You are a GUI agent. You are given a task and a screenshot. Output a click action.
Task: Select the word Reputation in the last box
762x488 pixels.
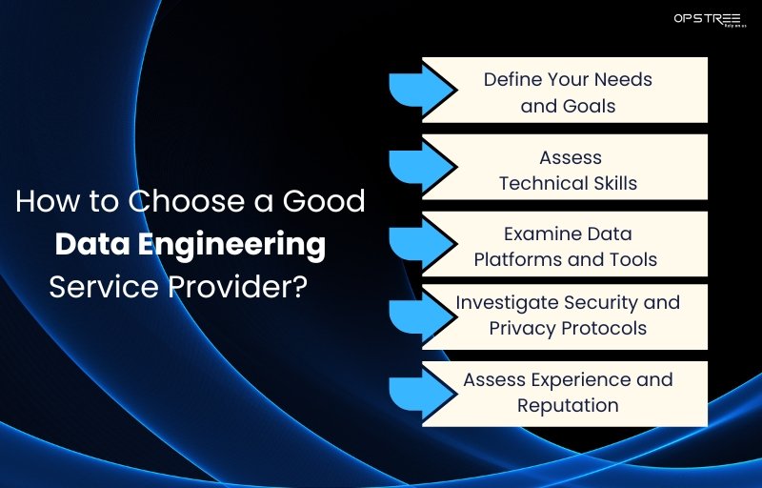(x=568, y=405)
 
